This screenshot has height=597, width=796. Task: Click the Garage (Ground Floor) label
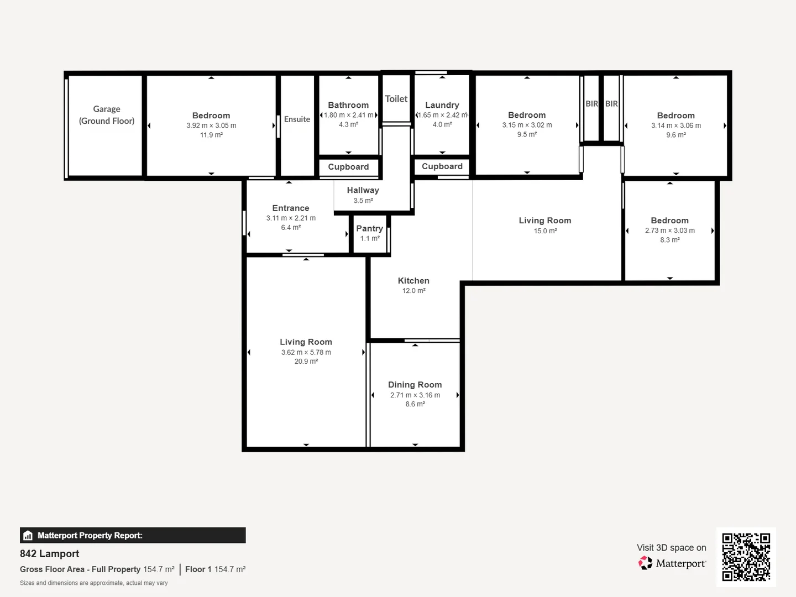pos(107,115)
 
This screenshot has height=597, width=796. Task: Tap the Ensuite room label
pos(297,119)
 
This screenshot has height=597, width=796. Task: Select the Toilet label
pos(396,99)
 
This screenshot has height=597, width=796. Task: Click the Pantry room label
pos(370,228)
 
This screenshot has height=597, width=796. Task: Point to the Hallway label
pos(363,190)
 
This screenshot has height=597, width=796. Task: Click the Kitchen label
pos(413,281)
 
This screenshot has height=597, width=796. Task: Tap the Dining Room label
pos(415,385)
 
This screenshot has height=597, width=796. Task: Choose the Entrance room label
pos(291,208)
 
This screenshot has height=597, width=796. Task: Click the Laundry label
pos(442,105)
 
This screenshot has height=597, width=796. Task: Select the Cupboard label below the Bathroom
pos(348,167)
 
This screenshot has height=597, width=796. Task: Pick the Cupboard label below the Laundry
pos(442,166)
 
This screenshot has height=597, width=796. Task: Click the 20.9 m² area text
pos(306,362)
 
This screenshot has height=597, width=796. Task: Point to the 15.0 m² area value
pos(545,231)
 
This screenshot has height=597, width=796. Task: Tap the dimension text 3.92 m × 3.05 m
pos(211,125)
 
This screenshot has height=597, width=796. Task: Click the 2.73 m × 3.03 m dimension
pos(670,231)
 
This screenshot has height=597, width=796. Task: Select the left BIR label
pos(591,104)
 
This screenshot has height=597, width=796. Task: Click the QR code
pos(746,557)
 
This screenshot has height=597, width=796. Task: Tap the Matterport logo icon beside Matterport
pos(645,563)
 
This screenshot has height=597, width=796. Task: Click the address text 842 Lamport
pos(50,554)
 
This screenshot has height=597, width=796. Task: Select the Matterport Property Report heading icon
pos(28,536)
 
